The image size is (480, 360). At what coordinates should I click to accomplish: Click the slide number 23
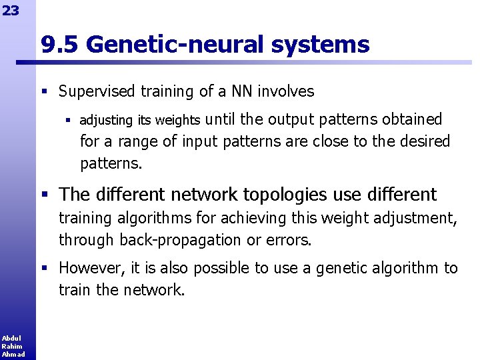pyautogui.click(x=10, y=11)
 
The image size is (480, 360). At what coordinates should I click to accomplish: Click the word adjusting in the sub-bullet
pyautogui.click(x=107, y=120)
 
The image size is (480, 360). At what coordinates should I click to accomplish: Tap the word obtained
pyautogui.click(x=413, y=119)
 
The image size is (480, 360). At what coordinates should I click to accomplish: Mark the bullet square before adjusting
pyautogui.click(x=67, y=121)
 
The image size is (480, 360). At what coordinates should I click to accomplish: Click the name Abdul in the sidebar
pyautogui.click(x=11, y=339)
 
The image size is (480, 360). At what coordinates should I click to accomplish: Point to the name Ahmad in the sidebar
pyautogui.click(x=13, y=354)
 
